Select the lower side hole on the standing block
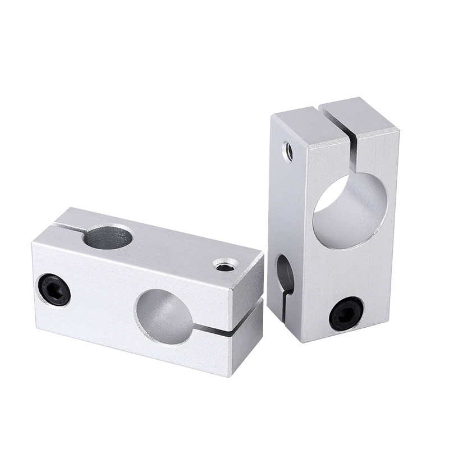pos(285,275)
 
